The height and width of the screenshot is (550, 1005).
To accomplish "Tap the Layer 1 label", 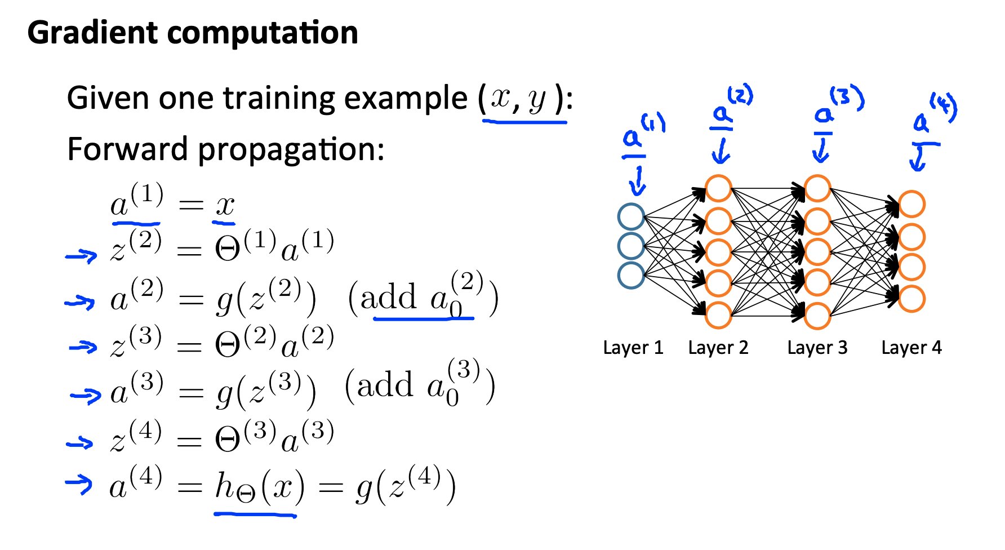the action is pyautogui.click(x=633, y=348).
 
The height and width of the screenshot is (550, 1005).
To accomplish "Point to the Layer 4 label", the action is pyautogui.click(x=911, y=348).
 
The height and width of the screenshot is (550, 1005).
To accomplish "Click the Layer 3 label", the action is pyautogui.click(x=817, y=348).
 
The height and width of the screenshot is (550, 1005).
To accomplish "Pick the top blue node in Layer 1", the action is pyautogui.click(x=631, y=216).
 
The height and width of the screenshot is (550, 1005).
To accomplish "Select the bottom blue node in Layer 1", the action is pyautogui.click(x=631, y=276).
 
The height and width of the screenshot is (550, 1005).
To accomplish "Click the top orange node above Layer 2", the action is pyautogui.click(x=718, y=188).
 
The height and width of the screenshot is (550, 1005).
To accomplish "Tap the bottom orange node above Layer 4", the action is pyautogui.click(x=911, y=299).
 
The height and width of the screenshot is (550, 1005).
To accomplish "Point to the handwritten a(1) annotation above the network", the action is pyautogui.click(x=642, y=132).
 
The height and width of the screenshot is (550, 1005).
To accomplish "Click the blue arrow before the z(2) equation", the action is pyautogui.click(x=81, y=256).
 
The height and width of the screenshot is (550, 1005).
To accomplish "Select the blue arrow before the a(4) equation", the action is pyautogui.click(x=79, y=483).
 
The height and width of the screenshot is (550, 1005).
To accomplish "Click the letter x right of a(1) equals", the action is pyautogui.click(x=225, y=206).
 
